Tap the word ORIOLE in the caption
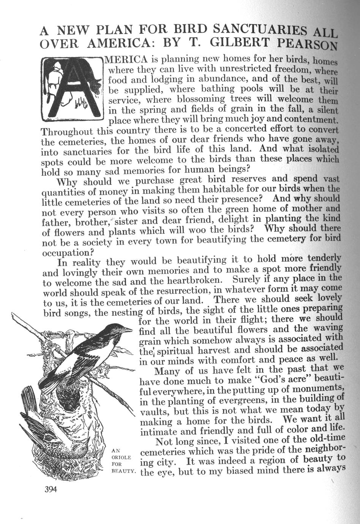[x=121, y=457]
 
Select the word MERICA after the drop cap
[x=125, y=60]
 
